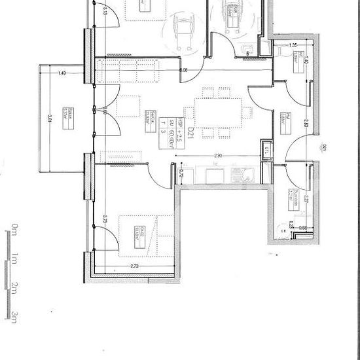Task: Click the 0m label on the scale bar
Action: (13, 229)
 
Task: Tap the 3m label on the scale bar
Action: (13, 316)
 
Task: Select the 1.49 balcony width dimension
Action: (62, 73)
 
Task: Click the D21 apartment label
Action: (190, 134)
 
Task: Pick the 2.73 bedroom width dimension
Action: (134, 267)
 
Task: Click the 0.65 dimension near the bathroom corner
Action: (303, 227)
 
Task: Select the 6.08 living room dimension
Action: (184, 69)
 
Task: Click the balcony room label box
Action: (66, 113)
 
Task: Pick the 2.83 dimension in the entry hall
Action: (306, 121)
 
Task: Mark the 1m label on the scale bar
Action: (13, 259)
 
